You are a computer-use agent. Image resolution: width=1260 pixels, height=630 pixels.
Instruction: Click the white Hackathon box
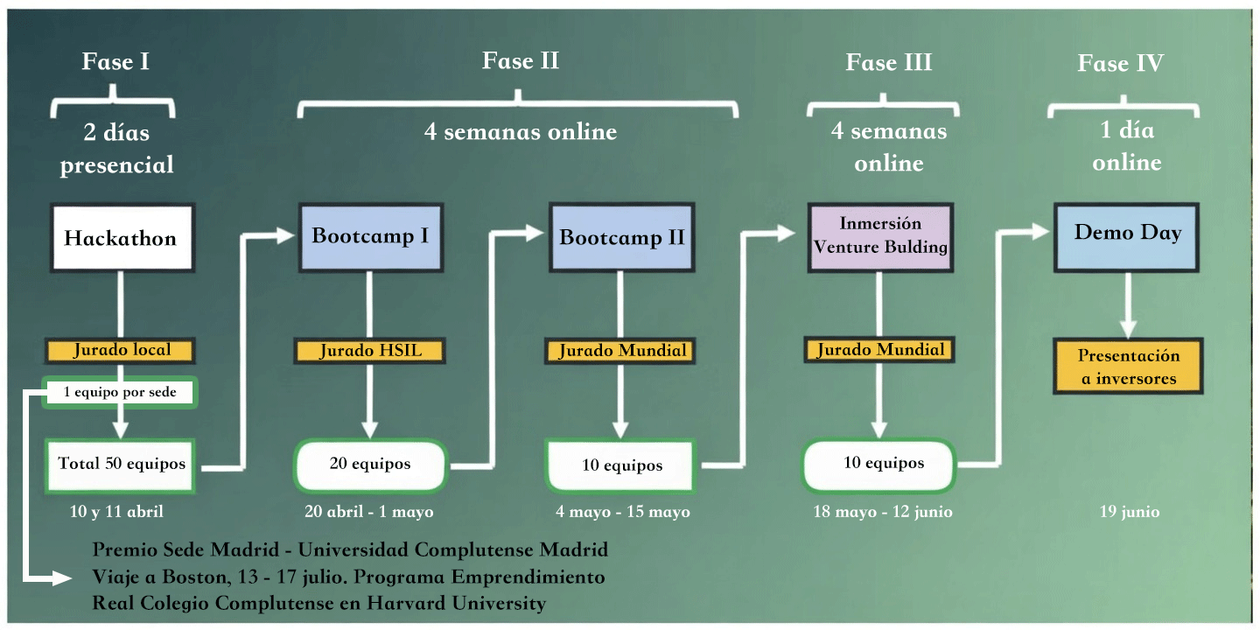(x=121, y=237)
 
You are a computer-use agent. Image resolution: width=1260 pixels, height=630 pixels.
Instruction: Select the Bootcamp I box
(x=370, y=236)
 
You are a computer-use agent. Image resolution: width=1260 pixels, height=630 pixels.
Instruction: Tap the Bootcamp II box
(x=621, y=237)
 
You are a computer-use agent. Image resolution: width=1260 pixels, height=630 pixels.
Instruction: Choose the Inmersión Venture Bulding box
(x=880, y=235)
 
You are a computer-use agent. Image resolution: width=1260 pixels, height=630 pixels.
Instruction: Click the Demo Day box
(x=1127, y=234)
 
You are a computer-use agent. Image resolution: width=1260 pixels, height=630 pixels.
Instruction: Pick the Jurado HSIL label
(x=370, y=351)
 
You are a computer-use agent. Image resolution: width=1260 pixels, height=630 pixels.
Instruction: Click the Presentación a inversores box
(x=1128, y=367)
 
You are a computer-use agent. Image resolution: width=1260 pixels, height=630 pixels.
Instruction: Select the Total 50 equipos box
(x=122, y=464)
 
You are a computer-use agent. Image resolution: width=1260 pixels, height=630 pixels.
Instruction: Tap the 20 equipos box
(x=370, y=464)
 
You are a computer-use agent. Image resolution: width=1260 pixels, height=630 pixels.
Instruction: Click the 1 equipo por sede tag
(x=120, y=392)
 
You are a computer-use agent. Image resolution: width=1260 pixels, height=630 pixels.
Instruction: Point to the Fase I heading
(x=115, y=62)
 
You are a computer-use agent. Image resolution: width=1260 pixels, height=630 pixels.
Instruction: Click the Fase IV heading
(x=1120, y=64)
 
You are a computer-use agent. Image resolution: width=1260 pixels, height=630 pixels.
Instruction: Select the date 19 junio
(x=1130, y=512)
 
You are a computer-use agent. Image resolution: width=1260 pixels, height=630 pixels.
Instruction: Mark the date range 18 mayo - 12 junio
(x=882, y=512)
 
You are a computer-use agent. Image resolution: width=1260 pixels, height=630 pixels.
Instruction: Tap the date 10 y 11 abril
(x=116, y=512)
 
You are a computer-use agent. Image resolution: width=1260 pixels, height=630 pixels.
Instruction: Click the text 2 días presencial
(x=116, y=149)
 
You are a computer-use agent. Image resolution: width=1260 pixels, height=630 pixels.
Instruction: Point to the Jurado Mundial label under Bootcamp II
(x=621, y=351)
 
